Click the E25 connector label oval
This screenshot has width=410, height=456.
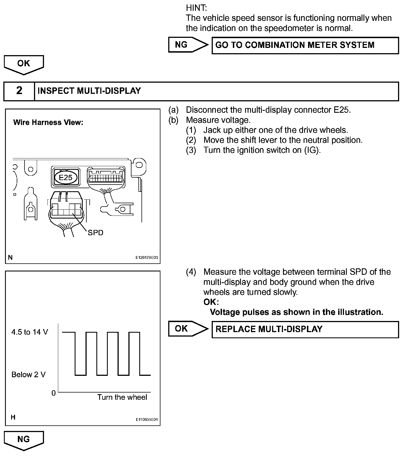tap(66, 177)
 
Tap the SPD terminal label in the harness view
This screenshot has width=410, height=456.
tap(95, 232)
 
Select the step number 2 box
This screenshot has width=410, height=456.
tap(19, 91)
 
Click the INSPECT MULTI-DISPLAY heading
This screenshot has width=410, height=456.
tap(89, 91)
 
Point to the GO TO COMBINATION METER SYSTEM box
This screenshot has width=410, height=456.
tap(305, 45)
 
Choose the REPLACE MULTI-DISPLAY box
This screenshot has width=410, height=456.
tap(305, 329)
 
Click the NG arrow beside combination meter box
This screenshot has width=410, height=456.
tap(188, 45)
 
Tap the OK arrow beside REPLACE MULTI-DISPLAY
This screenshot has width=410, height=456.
tap(188, 329)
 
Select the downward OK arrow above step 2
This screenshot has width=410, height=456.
tap(24, 64)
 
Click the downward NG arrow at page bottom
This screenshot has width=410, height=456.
tap(24, 440)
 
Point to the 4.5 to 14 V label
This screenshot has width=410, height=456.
tap(30, 332)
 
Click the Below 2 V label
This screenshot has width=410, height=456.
tap(28, 375)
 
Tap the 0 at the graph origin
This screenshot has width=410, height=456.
tap(53, 393)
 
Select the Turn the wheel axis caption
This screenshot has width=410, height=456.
tap(122, 397)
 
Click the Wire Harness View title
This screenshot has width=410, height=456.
tap(48, 122)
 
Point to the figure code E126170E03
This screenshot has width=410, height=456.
tap(147, 258)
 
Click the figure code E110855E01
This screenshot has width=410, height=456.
tap(147, 420)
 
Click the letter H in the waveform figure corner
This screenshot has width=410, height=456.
tap(13, 417)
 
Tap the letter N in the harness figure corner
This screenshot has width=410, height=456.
tap(10, 258)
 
